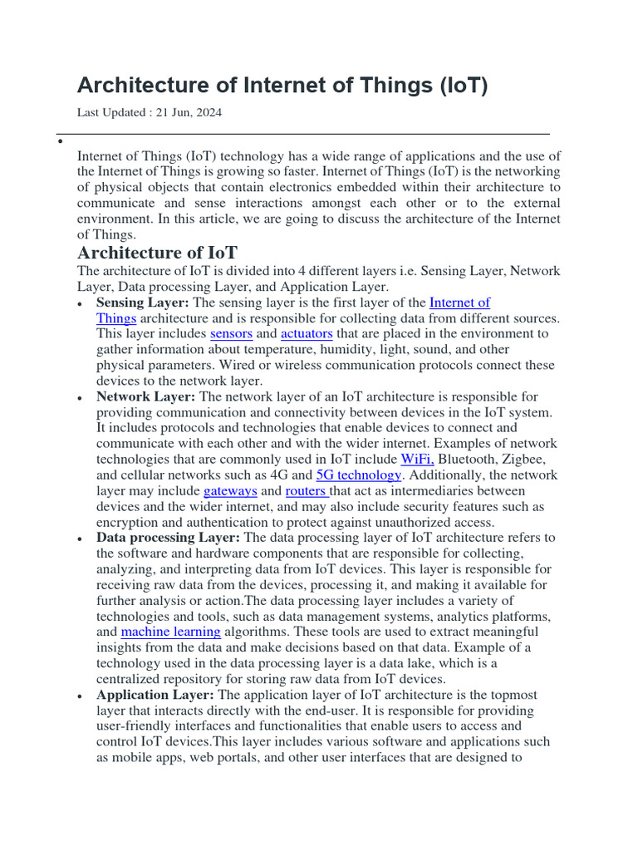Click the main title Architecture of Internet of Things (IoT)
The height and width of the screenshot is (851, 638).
point(282,86)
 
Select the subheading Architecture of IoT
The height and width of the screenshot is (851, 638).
point(158,253)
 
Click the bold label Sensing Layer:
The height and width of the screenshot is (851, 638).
point(143,303)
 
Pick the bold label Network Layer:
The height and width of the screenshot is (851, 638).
point(145,397)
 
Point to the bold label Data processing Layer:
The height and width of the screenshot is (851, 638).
point(168,538)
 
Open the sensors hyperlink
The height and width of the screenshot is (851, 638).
point(231,334)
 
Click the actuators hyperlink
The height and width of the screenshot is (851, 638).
point(307,334)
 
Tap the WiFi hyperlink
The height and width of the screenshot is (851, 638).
point(417,460)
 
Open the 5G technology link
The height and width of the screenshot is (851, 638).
point(359,475)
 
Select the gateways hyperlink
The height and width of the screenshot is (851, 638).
point(230,491)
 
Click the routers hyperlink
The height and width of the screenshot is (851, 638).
point(307,491)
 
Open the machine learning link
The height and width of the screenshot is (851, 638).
point(170,632)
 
